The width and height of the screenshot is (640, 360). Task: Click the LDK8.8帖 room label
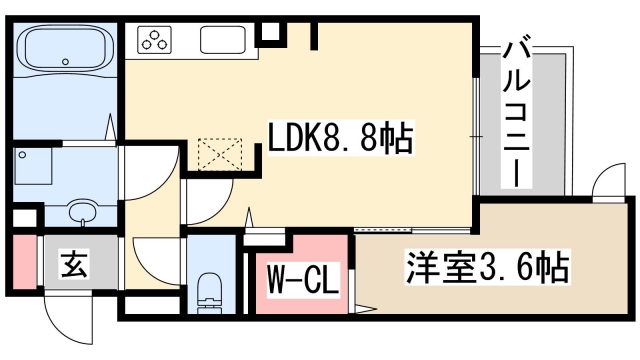339,139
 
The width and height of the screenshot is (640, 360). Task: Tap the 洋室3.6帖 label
488,268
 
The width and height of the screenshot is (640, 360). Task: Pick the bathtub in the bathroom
66,49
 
